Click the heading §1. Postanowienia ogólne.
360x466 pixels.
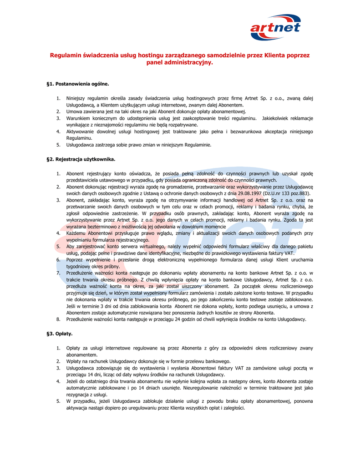(x=78, y=84)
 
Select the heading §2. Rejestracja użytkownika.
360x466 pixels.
(x=81, y=159)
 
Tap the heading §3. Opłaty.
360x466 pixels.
(x=60, y=334)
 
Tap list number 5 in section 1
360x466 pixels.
(x=58, y=145)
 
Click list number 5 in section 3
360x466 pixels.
(x=58, y=401)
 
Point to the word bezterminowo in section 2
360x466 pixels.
(x=104, y=226)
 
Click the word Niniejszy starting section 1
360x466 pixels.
(x=78, y=98)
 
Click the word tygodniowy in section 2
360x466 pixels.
(x=80, y=266)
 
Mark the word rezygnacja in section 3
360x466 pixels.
(x=79, y=395)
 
